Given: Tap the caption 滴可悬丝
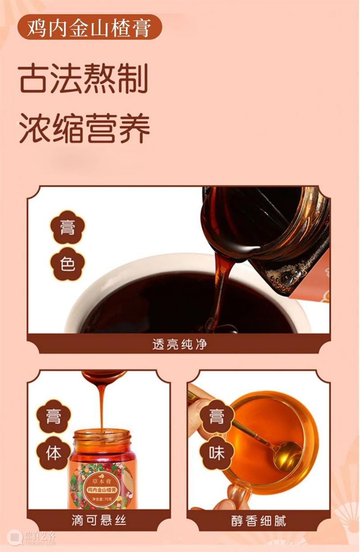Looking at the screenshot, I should tap(99, 521).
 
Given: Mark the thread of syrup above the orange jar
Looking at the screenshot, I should tap(102, 403).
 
